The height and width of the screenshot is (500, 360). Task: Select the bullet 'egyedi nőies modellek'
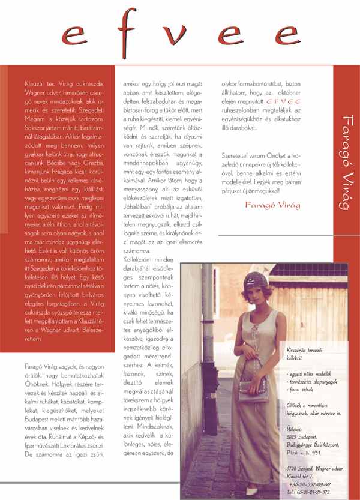click(310, 374)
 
